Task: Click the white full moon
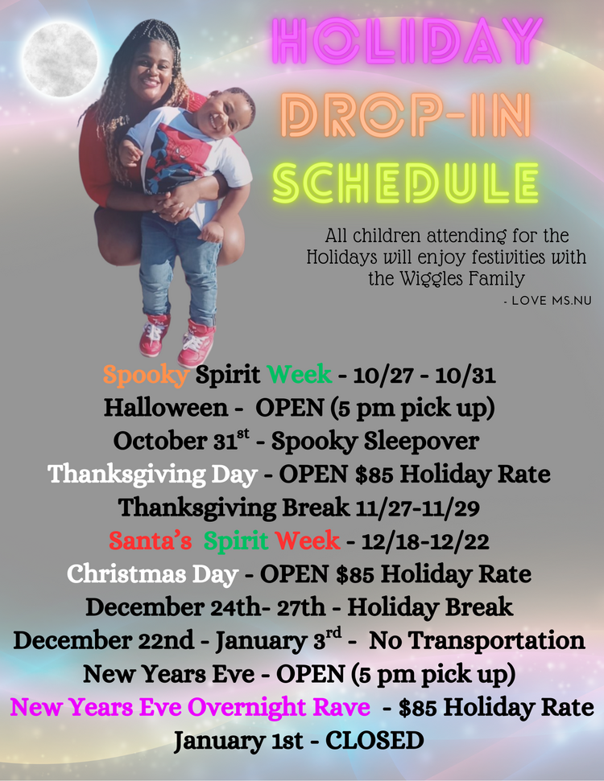click(x=60, y=60)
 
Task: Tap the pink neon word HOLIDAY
click(x=407, y=41)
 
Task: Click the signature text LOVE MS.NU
click(x=551, y=301)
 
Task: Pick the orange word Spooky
click(x=146, y=375)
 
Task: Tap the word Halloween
click(x=166, y=408)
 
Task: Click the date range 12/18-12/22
click(x=425, y=541)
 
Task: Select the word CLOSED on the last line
click(x=374, y=740)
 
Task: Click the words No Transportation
click(x=477, y=640)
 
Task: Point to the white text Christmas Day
click(x=153, y=574)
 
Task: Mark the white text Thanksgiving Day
click(x=153, y=475)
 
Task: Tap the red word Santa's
click(x=150, y=541)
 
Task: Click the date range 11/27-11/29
click(x=418, y=508)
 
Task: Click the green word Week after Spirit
click(x=300, y=375)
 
